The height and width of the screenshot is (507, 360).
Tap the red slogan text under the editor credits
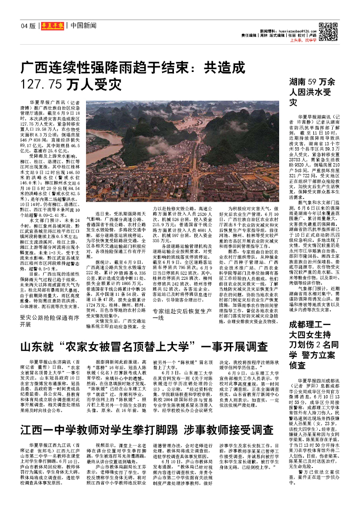click(302, 41)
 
